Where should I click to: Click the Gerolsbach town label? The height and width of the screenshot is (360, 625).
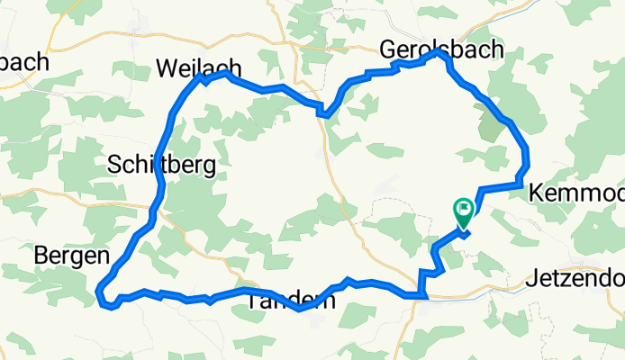tap(441, 48)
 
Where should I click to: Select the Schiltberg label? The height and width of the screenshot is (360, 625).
tap(161, 164)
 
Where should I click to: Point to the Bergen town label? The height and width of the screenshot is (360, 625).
tap(72, 256)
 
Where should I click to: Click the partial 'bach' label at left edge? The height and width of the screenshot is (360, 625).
tap(23, 64)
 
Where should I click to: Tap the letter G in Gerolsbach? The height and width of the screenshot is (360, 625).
tap(389, 49)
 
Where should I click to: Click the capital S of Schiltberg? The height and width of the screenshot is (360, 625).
tap(114, 164)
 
